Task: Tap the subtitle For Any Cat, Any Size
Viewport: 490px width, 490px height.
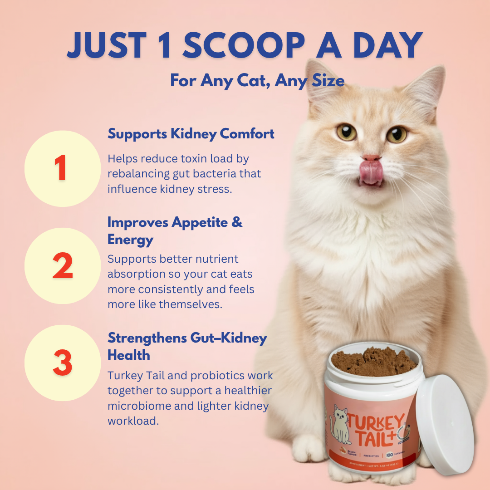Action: (x=257, y=81)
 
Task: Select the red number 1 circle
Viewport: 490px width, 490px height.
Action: (x=62, y=169)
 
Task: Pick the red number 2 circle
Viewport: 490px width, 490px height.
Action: (x=62, y=266)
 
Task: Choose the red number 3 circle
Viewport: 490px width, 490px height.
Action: (x=62, y=363)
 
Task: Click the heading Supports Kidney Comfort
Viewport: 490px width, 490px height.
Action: (x=191, y=134)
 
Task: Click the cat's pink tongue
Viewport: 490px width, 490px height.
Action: (x=371, y=172)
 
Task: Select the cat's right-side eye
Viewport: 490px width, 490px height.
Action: (x=396, y=134)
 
